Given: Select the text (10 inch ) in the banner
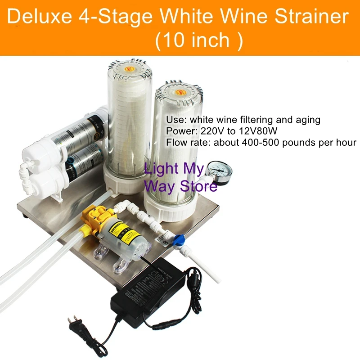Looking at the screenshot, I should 198,40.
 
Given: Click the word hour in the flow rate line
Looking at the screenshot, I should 346,143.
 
